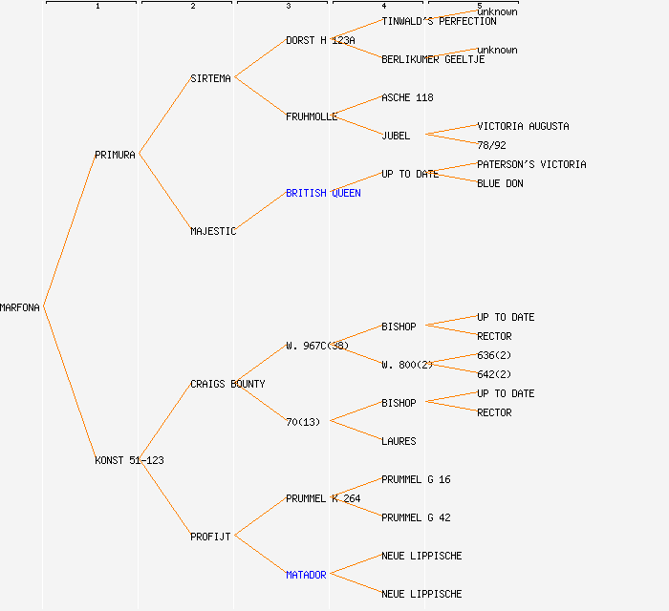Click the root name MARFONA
coord(20,307)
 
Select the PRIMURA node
coord(115,155)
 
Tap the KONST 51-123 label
coord(129,460)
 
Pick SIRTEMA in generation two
coord(210,78)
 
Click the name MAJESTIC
coord(213,231)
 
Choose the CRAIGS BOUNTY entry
coord(227,384)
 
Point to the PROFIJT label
coord(210,537)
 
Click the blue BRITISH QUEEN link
coord(323,193)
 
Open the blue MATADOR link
coord(306,575)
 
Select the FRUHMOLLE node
coord(312,116)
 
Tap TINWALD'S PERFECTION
coord(439,21)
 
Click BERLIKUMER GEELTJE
coord(433,59)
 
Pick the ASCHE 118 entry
coord(407,97)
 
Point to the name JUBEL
coord(396,136)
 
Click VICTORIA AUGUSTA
coord(523,126)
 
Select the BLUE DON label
coord(500,183)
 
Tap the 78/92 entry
coord(491,145)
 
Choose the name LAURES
coord(399,441)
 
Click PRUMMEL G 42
coord(416,517)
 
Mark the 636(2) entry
coord(494,355)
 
